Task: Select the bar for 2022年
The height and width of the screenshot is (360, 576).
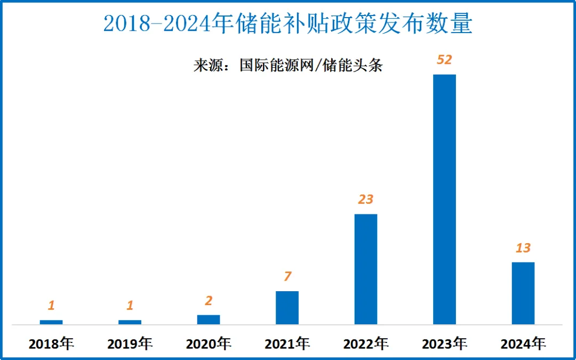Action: click(x=366, y=269)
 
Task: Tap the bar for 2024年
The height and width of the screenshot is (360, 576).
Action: click(x=523, y=293)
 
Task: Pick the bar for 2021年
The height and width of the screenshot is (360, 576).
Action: click(x=287, y=307)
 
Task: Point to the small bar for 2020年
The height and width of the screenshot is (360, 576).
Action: click(x=209, y=319)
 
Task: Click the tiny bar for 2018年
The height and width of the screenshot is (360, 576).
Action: click(x=51, y=322)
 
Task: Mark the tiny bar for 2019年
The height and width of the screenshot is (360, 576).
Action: click(x=130, y=322)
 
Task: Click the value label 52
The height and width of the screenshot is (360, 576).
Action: click(x=444, y=60)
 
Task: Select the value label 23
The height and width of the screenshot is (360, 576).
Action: click(x=366, y=199)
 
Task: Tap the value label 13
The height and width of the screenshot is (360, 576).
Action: click(x=523, y=248)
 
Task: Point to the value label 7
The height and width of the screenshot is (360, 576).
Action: click(x=287, y=277)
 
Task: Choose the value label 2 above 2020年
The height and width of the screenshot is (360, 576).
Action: click(x=209, y=301)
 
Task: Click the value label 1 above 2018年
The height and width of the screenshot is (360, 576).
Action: click(x=51, y=306)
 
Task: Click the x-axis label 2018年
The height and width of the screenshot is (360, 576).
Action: click(x=51, y=344)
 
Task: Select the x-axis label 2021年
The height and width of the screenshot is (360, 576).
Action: click(x=287, y=344)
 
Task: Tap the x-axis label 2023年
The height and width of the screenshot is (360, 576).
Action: click(x=444, y=344)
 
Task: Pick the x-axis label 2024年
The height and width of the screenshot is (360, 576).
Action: click(x=523, y=344)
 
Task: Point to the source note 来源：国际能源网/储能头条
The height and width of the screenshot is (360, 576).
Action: click(x=287, y=66)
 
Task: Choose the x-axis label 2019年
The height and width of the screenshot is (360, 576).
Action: click(x=130, y=344)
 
